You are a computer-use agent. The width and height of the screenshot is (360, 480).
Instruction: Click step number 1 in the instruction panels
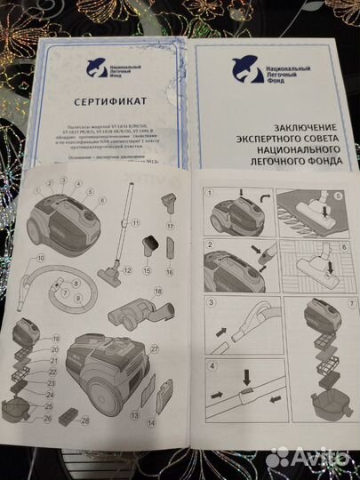(207, 191)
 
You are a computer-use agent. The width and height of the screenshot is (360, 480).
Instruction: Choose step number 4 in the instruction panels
(207, 365)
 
